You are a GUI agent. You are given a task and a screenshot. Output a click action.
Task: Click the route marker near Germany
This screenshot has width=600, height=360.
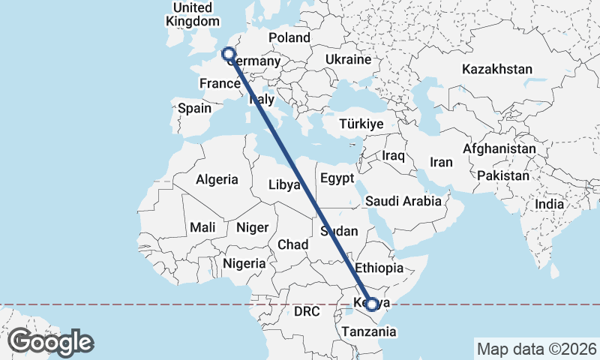(x=228, y=54)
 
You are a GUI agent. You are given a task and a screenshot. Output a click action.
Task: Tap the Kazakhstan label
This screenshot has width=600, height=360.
(x=497, y=70)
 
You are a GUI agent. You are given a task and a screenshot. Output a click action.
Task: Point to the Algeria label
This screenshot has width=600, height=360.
(x=217, y=180)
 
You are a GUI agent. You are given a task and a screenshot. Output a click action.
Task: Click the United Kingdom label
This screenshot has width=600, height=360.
(x=193, y=14)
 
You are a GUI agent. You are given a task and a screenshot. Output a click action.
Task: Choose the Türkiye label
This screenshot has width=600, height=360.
(x=361, y=124)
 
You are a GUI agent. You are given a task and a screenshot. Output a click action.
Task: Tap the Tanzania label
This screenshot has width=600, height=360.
(x=367, y=331)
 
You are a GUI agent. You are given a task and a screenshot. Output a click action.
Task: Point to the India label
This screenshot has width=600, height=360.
(x=550, y=204)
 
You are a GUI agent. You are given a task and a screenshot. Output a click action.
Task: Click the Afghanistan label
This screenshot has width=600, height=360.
(x=499, y=149)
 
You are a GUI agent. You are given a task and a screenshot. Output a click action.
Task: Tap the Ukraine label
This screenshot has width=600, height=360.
(x=349, y=59)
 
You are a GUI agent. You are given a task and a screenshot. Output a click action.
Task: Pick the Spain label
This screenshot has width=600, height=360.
(x=194, y=108)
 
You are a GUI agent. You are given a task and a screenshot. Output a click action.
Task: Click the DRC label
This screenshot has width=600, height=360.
(x=307, y=311)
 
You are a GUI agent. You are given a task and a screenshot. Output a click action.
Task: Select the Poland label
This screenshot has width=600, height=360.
(x=289, y=37)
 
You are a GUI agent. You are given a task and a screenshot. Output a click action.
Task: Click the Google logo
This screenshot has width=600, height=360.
(x=50, y=342)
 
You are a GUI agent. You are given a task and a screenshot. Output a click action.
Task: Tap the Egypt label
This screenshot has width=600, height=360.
(x=336, y=178)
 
